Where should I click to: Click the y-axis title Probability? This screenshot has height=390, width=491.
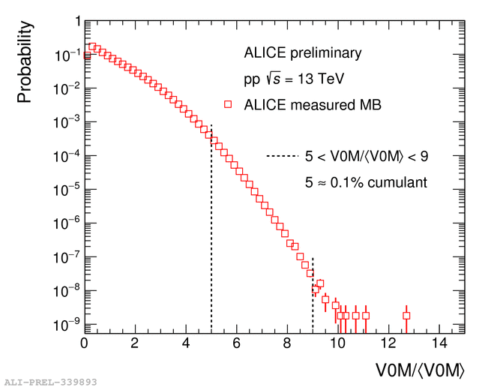[x=25, y=61]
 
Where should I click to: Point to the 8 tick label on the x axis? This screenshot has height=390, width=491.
[x=287, y=344]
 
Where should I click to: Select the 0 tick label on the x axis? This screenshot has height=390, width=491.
[x=84, y=344]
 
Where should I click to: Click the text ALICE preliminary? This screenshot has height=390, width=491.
[x=303, y=52]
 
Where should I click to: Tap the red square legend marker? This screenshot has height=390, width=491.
[x=228, y=104]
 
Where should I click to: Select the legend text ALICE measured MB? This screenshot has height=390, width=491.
[x=313, y=105]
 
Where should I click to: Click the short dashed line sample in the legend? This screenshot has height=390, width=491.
[x=283, y=157]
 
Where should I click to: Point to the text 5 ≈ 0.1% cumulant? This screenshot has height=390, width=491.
[x=366, y=182]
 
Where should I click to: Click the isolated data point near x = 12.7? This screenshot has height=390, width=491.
[x=406, y=316]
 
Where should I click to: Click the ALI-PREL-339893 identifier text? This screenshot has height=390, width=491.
[x=50, y=382]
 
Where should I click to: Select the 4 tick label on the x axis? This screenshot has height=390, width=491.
[x=186, y=344]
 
